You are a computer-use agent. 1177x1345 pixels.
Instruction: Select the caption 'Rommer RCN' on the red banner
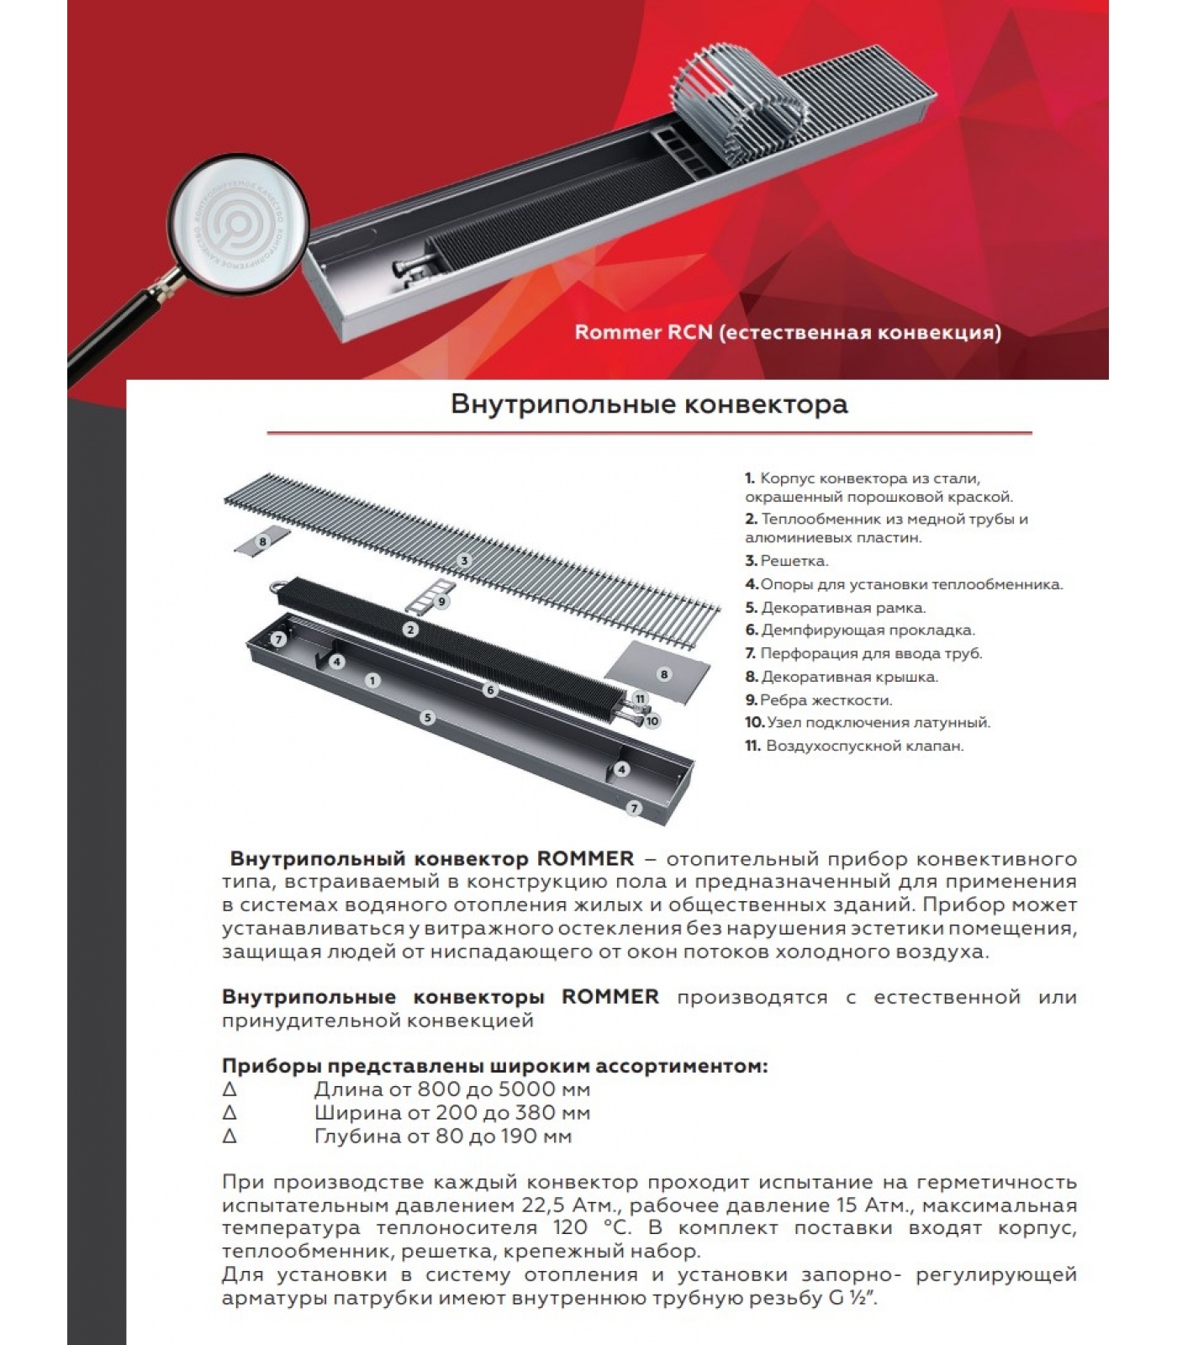click(x=787, y=333)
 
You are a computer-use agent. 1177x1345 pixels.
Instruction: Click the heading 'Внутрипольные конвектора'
click(x=649, y=404)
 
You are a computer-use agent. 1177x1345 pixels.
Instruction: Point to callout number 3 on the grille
click(x=463, y=561)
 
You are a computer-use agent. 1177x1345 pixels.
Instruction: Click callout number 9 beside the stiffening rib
click(x=441, y=602)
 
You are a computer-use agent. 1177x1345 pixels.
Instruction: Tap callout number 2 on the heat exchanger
click(x=410, y=630)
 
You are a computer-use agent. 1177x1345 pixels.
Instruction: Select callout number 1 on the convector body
click(x=372, y=681)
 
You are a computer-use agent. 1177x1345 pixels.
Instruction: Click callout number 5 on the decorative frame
click(x=428, y=718)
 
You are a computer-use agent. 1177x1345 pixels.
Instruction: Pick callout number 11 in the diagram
click(x=641, y=699)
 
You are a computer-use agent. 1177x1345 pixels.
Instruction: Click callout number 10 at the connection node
click(x=652, y=720)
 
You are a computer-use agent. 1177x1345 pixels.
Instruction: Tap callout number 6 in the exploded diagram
click(x=491, y=690)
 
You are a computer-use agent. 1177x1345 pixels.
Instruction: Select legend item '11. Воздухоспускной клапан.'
click(x=853, y=746)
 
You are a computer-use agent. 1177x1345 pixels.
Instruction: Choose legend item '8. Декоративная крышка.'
click(x=841, y=677)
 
